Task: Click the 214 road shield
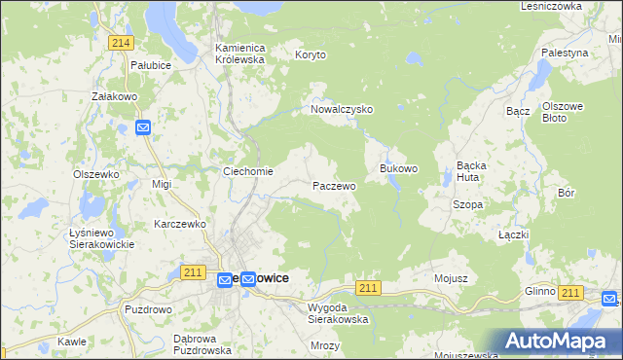[x=121, y=43]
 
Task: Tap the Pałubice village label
[x=151, y=64]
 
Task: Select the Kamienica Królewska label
[x=240, y=53]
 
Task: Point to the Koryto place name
[x=312, y=55]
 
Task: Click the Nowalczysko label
[x=342, y=110]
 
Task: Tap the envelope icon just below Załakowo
[x=143, y=127]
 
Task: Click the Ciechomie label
[x=248, y=171]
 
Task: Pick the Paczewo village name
[x=334, y=185]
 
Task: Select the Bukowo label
[x=398, y=168]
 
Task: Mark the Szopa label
[x=467, y=205]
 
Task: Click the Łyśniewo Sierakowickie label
[x=101, y=237]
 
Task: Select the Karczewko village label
[x=182, y=224]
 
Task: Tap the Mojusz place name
[x=452, y=278]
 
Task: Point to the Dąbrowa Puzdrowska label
[x=201, y=344]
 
